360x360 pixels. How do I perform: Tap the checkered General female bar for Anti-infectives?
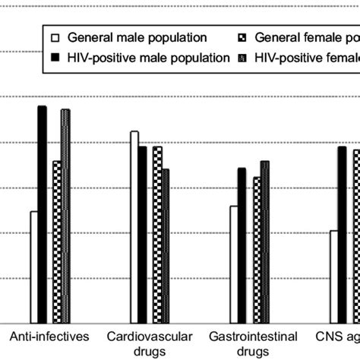click(x=57, y=242)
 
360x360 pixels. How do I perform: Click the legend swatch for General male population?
click(x=53, y=36)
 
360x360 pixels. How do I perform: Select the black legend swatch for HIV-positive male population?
click(x=53, y=57)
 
